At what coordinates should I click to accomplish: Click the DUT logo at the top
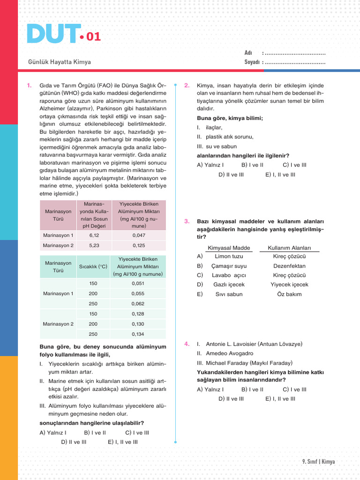click(x=52, y=34)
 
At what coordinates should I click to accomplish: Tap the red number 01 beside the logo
click(x=93, y=37)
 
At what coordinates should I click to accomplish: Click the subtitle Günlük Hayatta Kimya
click(x=60, y=62)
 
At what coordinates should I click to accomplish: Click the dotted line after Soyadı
click(x=295, y=62)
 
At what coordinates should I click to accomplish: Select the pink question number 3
click(x=187, y=221)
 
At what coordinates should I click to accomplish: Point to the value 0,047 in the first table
click(x=139, y=235)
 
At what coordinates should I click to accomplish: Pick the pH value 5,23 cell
click(x=94, y=245)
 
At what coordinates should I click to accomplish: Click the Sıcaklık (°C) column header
click(x=93, y=266)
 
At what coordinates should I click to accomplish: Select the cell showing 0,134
click(x=138, y=334)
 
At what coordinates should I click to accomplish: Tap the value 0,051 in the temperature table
click(x=138, y=283)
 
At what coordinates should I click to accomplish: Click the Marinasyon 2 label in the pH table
click(x=58, y=245)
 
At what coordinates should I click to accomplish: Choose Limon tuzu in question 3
click(x=229, y=256)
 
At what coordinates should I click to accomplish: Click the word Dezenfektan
click(x=289, y=266)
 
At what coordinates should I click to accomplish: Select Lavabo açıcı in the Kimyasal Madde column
click(x=229, y=275)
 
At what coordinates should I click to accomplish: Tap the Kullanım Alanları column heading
click(x=289, y=248)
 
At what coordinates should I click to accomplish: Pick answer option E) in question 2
click(x=280, y=174)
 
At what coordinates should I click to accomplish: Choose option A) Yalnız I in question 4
click(x=210, y=389)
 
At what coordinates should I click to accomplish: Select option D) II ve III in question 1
click(x=74, y=442)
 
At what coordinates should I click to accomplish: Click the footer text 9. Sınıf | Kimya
click(x=319, y=462)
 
